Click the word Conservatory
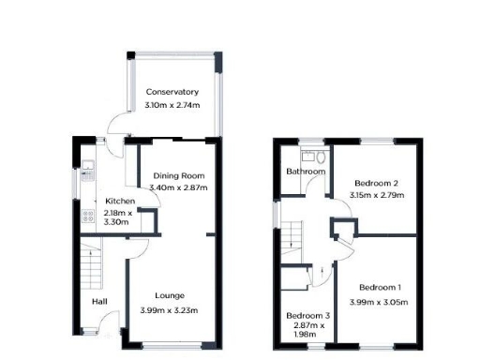(x=172, y=92)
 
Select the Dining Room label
(x=179, y=175)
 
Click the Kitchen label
(x=120, y=202)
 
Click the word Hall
(x=99, y=302)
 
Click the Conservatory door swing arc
(x=115, y=125)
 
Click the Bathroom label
(x=306, y=172)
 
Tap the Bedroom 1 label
(x=380, y=286)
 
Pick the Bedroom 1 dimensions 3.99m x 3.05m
(x=380, y=301)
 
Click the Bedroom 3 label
(x=307, y=316)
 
